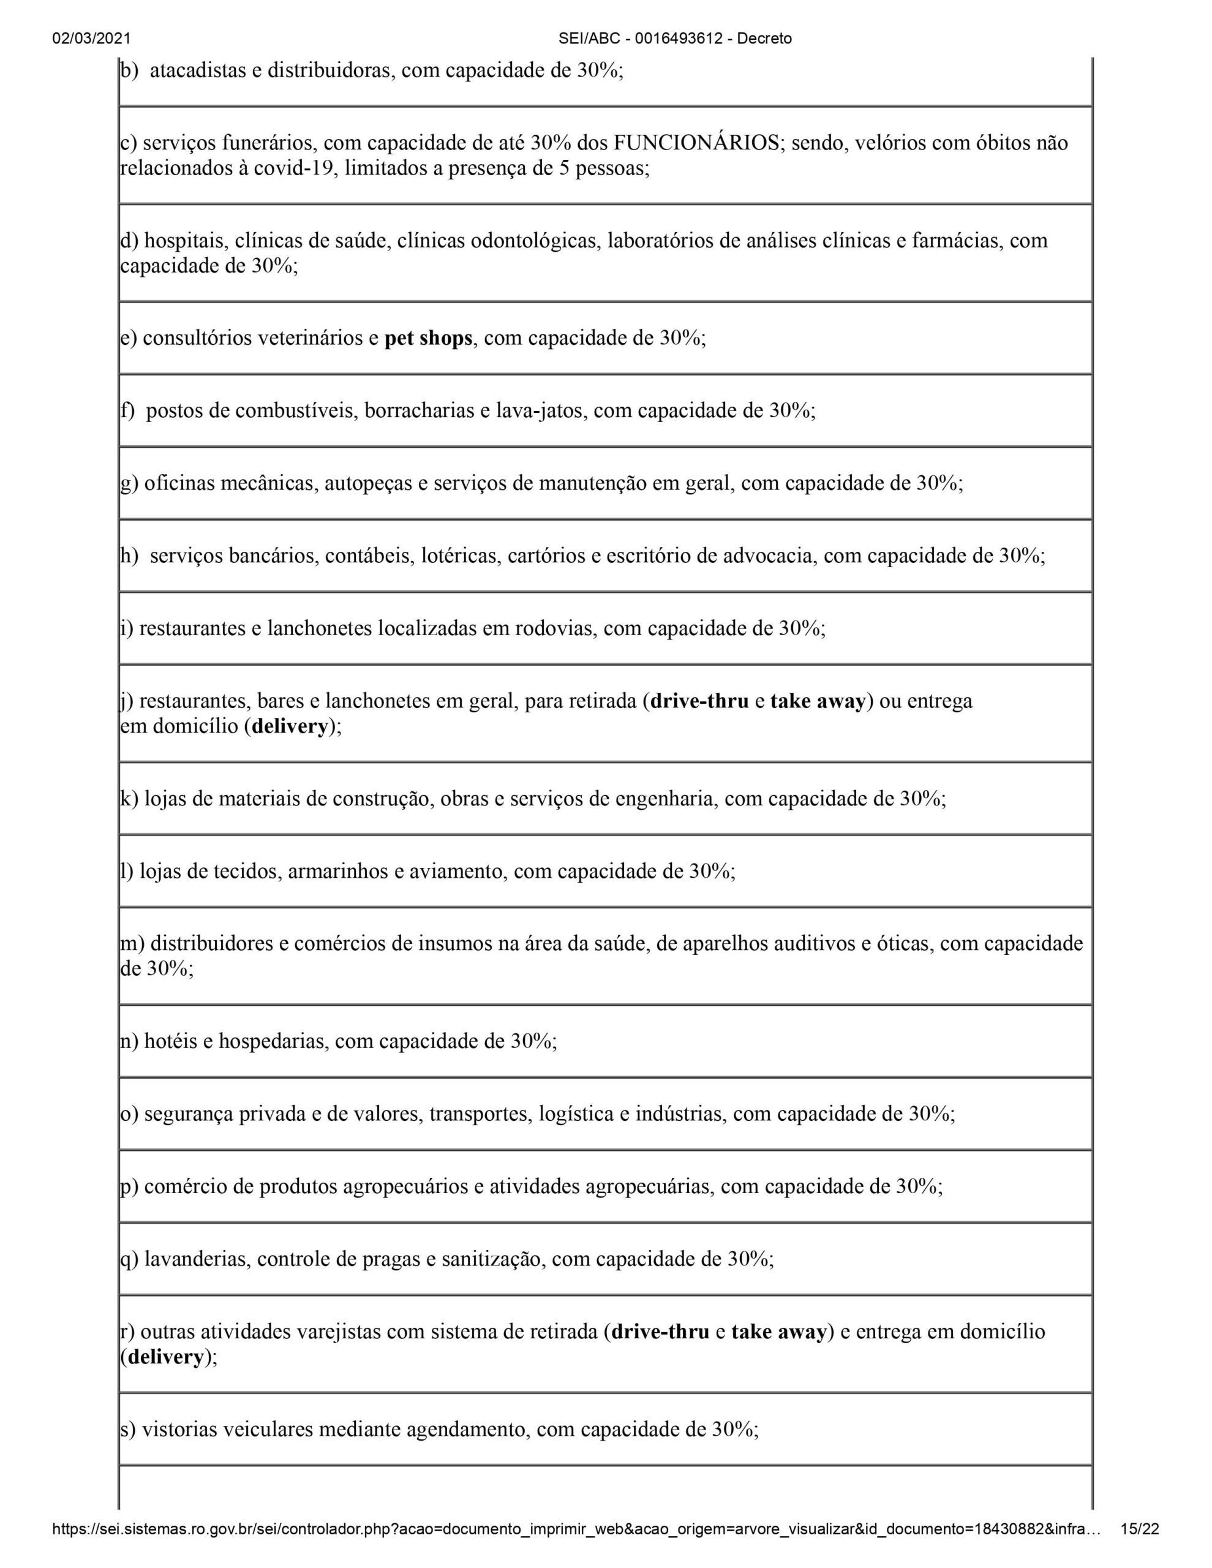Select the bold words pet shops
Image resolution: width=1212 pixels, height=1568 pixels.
(x=428, y=338)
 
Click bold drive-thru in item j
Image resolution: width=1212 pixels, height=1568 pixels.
(x=699, y=701)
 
